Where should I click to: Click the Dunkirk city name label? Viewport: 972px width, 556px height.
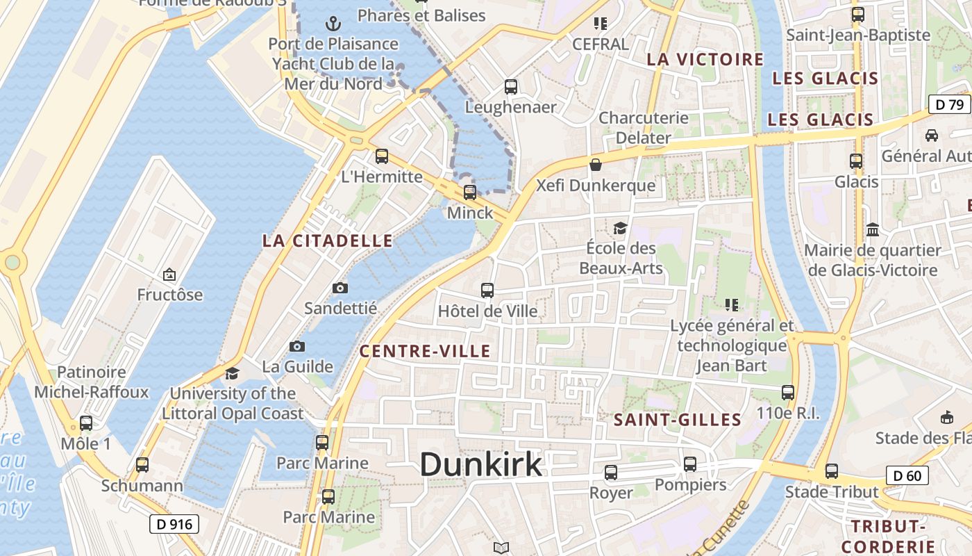(x=480, y=464)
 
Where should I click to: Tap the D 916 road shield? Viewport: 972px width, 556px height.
(x=174, y=524)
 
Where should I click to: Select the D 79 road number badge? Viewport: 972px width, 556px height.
(x=949, y=105)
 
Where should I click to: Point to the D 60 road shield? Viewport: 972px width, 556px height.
(x=907, y=476)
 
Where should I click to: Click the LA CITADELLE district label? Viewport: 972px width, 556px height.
(x=327, y=241)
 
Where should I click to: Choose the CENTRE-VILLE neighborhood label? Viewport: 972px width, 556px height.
(x=425, y=351)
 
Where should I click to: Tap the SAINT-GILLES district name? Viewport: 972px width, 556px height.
(x=678, y=420)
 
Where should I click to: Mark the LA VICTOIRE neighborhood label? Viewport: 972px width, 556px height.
(x=705, y=60)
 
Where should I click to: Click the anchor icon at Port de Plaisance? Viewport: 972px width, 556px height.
(x=334, y=24)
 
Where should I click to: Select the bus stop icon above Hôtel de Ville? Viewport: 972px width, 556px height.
(x=487, y=291)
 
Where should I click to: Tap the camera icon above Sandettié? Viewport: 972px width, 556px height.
(x=340, y=288)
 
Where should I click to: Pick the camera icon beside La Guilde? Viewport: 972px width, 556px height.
(x=296, y=346)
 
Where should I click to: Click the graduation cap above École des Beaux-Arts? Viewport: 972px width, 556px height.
(x=620, y=228)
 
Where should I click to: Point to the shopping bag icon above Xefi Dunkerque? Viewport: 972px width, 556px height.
(x=596, y=165)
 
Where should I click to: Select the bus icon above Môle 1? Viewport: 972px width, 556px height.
(x=86, y=423)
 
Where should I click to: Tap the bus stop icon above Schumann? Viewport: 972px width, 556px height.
(x=142, y=465)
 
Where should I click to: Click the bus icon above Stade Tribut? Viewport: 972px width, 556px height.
(x=832, y=471)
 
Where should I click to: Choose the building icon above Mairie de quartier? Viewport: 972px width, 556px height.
(x=873, y=229)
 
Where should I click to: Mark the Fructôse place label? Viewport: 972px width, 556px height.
(x=170, y=295)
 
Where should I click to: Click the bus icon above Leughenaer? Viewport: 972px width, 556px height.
(x=511, y=87)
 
